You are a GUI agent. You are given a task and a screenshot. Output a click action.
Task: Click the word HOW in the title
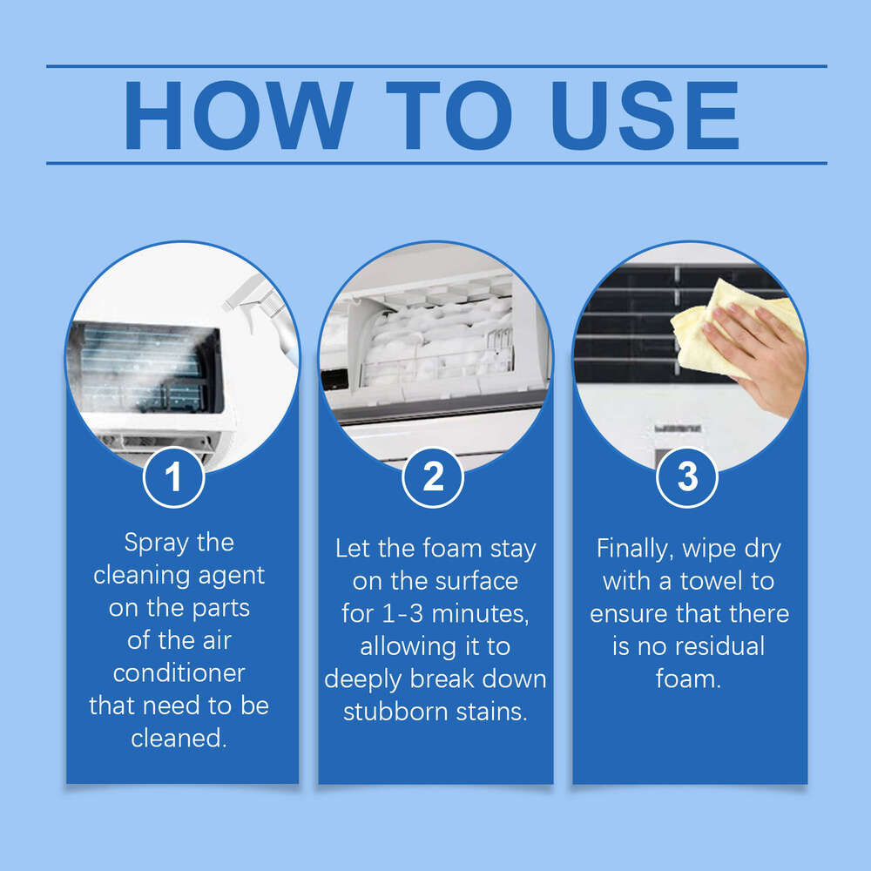click(x=238, y=116)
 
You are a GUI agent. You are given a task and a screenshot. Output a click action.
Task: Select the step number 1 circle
click(x=174, y=477)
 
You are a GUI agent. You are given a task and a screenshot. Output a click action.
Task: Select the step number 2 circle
click(x=433, y=477)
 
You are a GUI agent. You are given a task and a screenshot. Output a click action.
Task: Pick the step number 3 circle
click(x=687, y=477)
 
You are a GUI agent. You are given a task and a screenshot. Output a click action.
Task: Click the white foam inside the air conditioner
click(x=435, y=340)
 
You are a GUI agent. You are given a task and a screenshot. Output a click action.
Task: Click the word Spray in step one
click(x=155, y=544)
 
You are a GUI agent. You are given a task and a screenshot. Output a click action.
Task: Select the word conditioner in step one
click(x=179, y=673)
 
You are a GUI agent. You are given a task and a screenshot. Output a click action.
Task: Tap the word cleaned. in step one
click(x=179, y=738)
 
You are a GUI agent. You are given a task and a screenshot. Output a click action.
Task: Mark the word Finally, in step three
click(x=635, y=549)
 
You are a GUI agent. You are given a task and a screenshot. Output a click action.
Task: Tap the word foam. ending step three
click(x=688, y=679)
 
